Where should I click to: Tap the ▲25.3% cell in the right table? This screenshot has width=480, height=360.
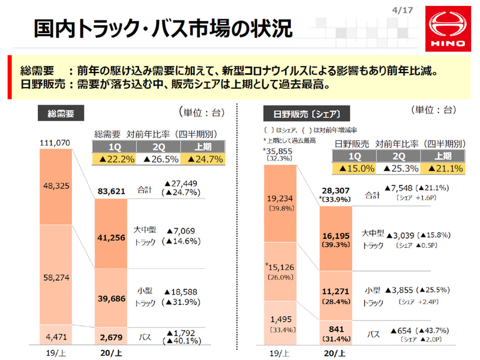401,170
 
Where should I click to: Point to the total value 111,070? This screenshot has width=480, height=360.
55,142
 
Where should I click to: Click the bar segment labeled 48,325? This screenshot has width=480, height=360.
55,187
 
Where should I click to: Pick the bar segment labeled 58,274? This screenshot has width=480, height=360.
55,277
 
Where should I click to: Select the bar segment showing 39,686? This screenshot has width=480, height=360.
112,298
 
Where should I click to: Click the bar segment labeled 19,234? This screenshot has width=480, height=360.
280,203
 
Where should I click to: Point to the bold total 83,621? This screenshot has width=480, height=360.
112,191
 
